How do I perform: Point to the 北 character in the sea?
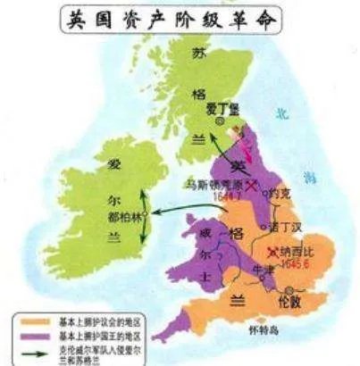(282, 115)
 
